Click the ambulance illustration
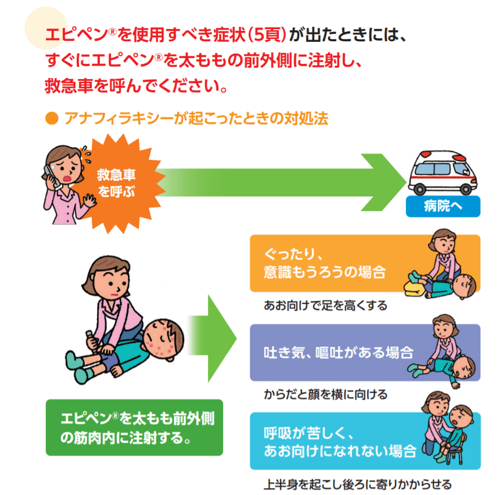pos(444,173)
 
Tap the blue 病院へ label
pos(443,206)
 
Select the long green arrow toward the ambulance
pos(279,182)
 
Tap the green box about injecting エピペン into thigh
pos(134,427)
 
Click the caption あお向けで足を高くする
pos(325,305)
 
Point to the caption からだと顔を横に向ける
pos(325,394)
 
